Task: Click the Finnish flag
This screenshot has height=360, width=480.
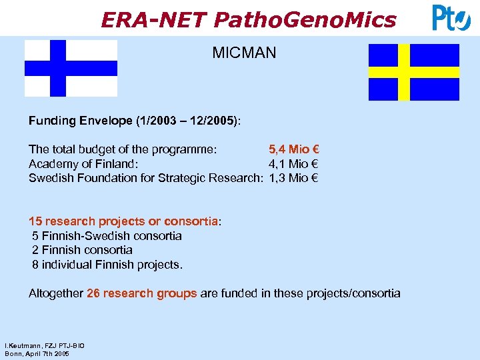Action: (71, 68)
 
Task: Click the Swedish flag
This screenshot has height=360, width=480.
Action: (414, 72)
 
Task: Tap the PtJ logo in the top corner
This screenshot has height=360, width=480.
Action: (451, 17)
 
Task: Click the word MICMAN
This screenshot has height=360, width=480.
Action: (244, 53)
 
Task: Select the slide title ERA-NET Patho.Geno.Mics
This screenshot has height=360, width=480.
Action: (248, 19)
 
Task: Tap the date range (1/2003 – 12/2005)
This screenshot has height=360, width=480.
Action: (187, 121)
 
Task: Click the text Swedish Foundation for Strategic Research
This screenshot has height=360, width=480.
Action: (147, 178)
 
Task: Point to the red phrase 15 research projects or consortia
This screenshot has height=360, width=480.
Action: (123, 221)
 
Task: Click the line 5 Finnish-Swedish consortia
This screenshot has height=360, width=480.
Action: (107, 236)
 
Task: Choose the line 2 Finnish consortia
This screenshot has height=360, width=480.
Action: (82, 250)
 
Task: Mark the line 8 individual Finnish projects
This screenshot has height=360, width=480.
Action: (107, 265)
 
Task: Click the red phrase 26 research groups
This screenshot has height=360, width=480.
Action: (141, 293)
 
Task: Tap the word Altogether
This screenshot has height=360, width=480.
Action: (56, 293)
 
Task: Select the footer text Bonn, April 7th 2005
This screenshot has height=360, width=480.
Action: (37, 353)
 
